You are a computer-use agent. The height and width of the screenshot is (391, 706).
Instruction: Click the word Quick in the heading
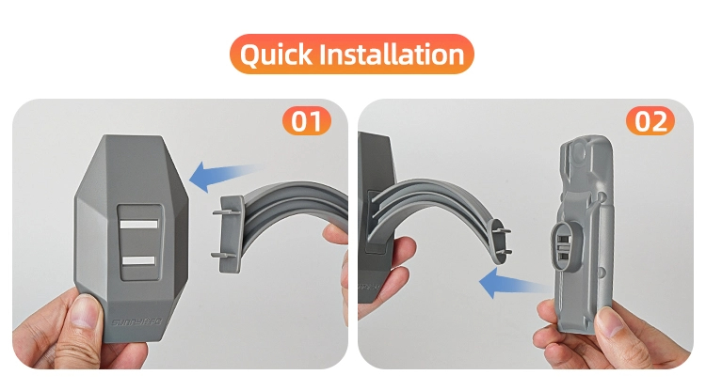click(276, 55)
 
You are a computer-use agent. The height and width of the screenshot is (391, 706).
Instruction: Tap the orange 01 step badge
click(307, 121)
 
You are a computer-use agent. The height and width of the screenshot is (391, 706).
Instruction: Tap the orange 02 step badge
click(650, 121)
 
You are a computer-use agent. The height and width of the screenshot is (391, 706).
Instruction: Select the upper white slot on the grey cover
click(139, 224)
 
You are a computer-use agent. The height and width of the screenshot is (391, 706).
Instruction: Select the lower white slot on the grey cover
click(138, 260)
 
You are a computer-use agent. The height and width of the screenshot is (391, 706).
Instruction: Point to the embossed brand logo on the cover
click(136, 322)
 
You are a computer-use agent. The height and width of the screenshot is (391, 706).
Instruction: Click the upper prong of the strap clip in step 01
click(222, 212)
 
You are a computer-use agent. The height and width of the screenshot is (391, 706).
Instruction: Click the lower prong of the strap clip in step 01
click(222, 256)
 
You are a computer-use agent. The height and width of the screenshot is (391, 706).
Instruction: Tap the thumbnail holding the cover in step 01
click(84, 311)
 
